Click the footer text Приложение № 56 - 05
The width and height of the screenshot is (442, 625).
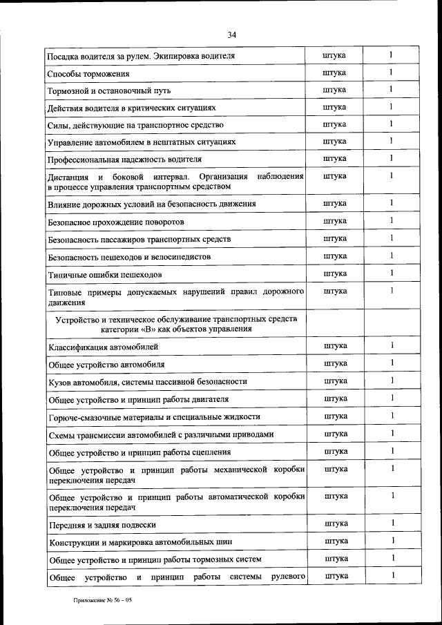(103, 600)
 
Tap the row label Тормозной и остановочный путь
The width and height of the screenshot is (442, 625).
(108, 90)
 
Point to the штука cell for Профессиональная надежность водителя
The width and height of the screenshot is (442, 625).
(335, 158)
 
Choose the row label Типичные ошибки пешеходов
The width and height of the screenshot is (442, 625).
(105, 274)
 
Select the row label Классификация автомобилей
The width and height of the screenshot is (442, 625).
(103, 346)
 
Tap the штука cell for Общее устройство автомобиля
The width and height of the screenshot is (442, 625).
(335, 363)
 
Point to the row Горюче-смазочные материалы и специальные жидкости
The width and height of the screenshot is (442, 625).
(153, 417)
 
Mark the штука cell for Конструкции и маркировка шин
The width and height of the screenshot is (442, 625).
(335, 541)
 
